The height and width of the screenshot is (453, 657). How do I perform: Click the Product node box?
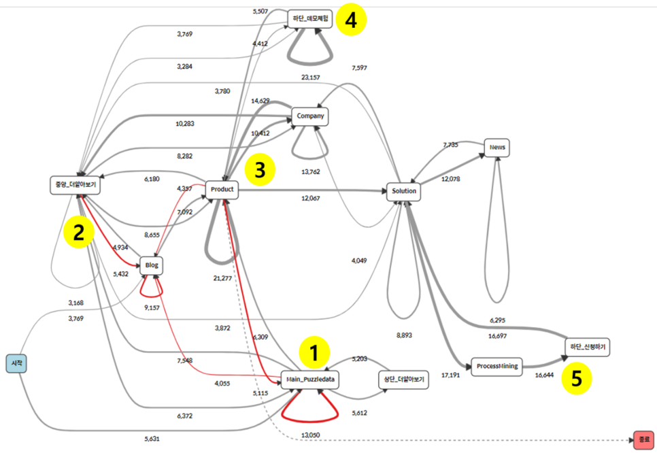click(x=222, y=189)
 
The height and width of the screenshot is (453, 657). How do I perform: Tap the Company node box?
click(x=310, y=116)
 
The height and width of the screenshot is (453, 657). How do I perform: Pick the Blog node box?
click(x=152, y=265)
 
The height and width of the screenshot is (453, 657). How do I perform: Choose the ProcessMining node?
click(x=495, y=366)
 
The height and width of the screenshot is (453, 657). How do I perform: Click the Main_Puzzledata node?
click(x=310, y=380)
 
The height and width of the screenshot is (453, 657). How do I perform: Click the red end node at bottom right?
click(x=643, y=440)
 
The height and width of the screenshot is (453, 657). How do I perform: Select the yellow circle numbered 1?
click(x=314, y=352)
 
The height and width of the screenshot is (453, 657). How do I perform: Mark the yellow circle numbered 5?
click(x=576, y=380)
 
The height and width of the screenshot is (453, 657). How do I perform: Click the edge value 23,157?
click(x=310, y=78)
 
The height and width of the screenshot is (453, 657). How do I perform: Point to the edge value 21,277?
click(x=222, y=278)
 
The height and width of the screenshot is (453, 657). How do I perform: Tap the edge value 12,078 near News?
click(x=452, y=179)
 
